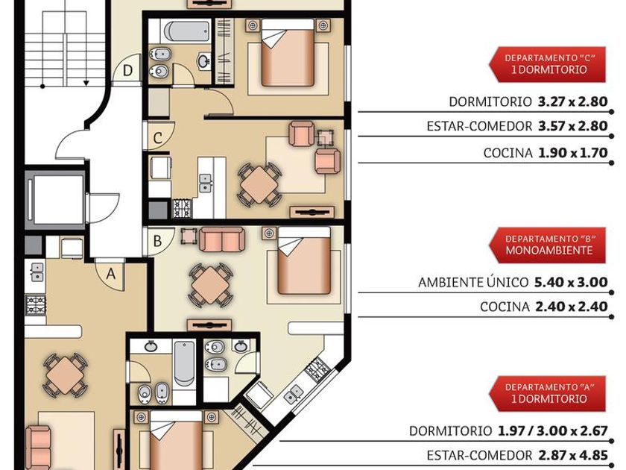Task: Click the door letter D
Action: [127, 70]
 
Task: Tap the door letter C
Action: [158, 138]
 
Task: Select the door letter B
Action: [158, 241]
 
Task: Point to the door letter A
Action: [110, 275]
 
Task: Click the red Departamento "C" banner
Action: [547, 64]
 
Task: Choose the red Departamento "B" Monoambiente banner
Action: [547, 245]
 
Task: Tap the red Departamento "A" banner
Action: [547, 393]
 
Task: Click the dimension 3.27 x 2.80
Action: [573, 101]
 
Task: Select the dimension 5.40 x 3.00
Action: [571, 282]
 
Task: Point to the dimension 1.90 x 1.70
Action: [573, 153]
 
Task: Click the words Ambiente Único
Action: [473, 282]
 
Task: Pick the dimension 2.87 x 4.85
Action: [573, 455]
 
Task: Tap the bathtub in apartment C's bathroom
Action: [187, 31]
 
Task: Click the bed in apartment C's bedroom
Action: [288, 53]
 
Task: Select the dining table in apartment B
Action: [210, 285]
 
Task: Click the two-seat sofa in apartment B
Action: [221, 239]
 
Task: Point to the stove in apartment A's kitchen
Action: [36, 305]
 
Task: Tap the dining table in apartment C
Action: [260, 185]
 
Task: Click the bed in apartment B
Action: [304, 260]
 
